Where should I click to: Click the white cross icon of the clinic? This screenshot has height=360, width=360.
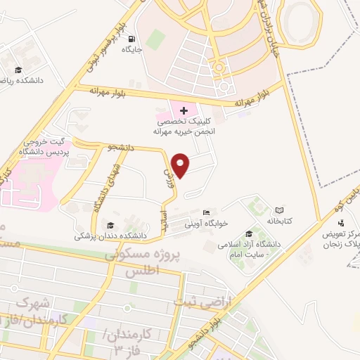tap(184, 110)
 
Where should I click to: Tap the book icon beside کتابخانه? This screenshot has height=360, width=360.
tap(279, 210)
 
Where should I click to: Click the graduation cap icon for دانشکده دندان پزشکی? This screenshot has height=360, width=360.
tap(110, 225)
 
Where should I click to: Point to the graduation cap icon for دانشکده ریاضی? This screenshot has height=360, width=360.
tap(18, 70)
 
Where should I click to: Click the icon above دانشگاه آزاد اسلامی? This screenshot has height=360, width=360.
tap(249, 234)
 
